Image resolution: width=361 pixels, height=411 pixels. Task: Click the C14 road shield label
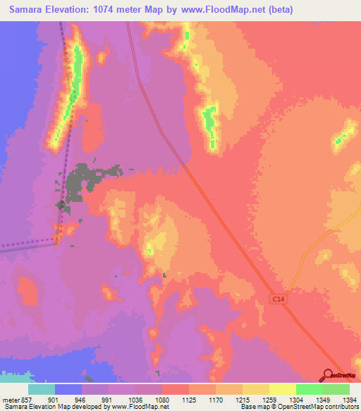tap(280, 300)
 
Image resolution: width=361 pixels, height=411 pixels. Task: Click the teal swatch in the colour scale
tap(42, 389)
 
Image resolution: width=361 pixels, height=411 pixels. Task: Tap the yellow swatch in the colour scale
tap(283, 389)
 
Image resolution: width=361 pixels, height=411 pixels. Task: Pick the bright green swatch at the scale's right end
tap(336, 389)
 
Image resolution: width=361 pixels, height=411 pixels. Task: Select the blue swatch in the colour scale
tap(68, 389)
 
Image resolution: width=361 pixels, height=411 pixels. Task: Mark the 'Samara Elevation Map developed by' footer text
tap(51, 407)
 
